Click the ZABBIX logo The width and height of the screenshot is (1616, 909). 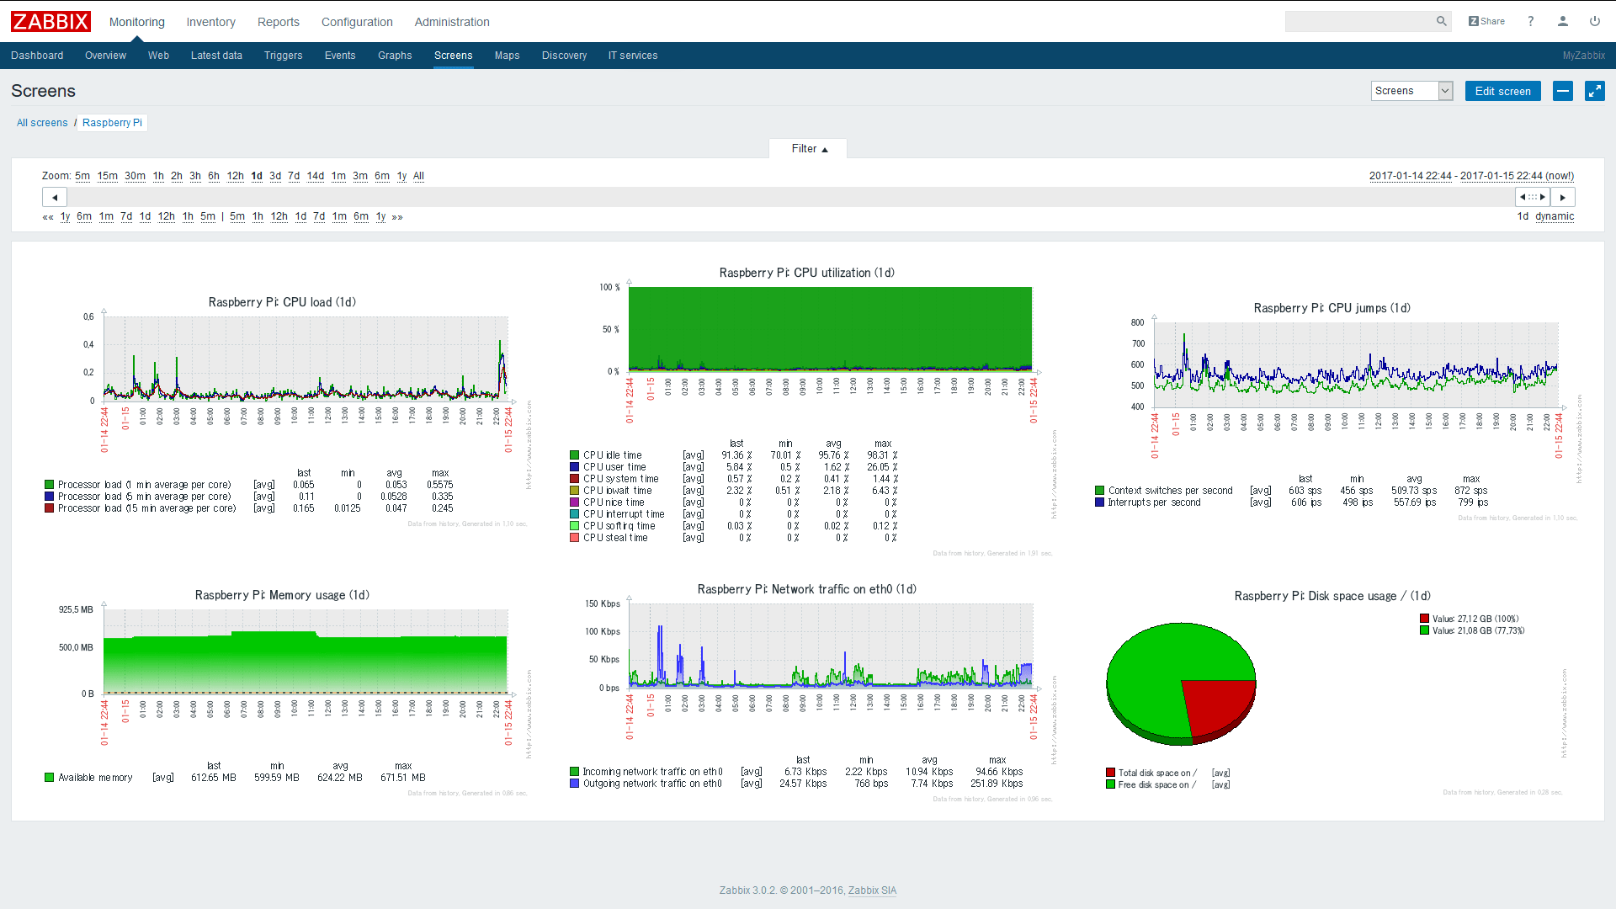50,21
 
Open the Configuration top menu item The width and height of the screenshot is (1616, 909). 357,22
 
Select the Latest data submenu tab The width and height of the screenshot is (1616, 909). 216,56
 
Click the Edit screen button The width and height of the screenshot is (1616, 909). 1502,91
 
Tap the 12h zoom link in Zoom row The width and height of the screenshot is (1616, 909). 235,176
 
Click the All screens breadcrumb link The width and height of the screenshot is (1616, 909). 42,123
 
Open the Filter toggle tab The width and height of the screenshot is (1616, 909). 808,149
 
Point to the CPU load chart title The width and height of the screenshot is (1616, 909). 282,302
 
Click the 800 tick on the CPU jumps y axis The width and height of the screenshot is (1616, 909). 1137,322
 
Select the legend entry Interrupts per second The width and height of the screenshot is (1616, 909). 1154,502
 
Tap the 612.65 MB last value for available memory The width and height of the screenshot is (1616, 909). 214,778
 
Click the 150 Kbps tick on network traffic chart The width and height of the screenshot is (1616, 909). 603,603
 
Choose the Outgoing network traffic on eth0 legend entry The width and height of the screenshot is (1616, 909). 651,784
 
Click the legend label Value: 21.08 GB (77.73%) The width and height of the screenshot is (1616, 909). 1478,630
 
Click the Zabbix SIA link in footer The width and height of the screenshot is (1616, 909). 872,890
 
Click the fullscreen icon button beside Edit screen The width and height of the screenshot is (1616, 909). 1594,91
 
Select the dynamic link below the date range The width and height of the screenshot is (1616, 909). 1554,216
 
